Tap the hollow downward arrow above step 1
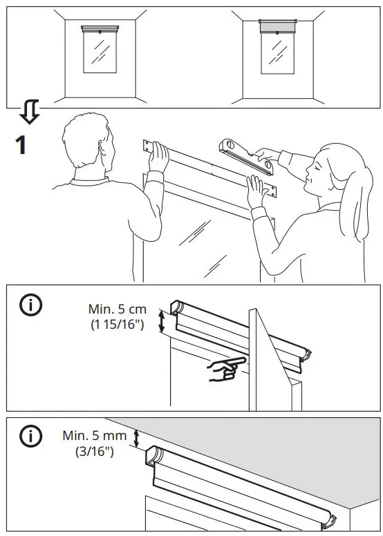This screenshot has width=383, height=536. pos(29,111)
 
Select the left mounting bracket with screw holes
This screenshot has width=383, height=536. pos(148,146)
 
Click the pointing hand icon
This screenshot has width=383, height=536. pos(226,369)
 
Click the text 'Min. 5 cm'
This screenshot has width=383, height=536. pos(117,309)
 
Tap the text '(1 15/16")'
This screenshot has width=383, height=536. pos(117,325)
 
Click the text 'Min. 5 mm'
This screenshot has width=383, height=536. pos(94,436)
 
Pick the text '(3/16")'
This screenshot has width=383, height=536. pos(95,452)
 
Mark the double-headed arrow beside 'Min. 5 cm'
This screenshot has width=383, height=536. pos(162,321)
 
